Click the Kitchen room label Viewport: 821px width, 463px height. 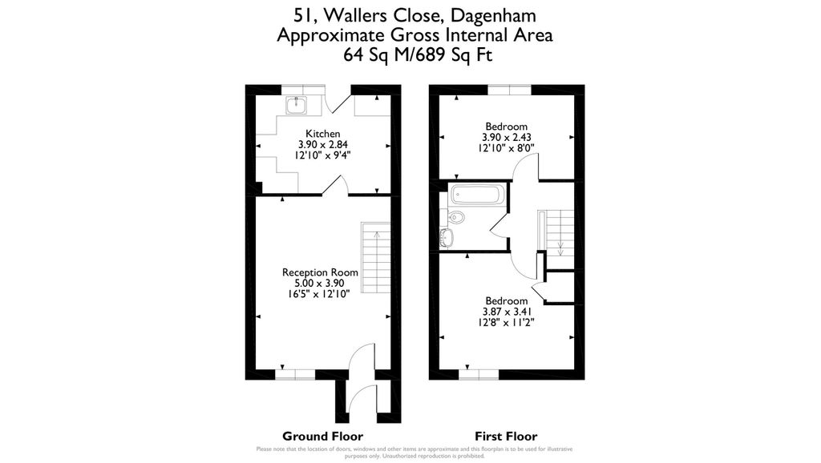point(323,134)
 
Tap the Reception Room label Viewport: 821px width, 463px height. point(321,272)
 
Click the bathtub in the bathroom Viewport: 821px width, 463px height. point(477,195)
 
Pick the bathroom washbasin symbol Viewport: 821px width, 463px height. point(448,236)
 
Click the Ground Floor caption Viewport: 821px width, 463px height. point(317,436)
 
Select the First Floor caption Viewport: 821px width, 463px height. point(506,436)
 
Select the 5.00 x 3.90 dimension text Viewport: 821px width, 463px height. point(321,284)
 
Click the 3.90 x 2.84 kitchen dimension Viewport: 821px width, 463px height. point(323,145)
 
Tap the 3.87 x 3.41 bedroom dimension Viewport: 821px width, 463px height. point(506,312)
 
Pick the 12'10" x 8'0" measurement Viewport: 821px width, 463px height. point(506,148)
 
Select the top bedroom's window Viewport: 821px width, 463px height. point(510,90)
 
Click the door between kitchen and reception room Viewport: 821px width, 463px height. point(334,187)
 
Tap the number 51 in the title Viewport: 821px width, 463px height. point(303,15)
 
